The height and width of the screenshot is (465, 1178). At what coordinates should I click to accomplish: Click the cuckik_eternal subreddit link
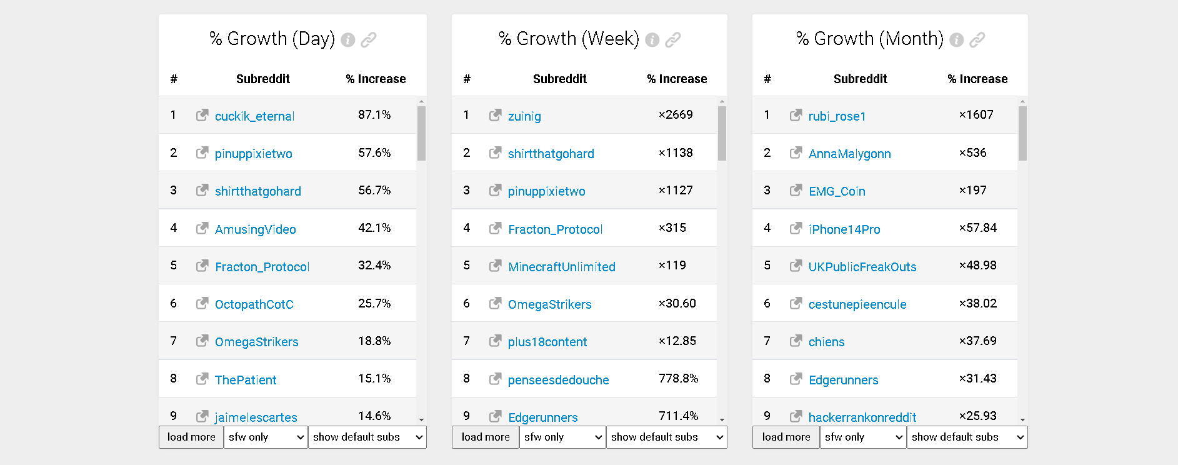[254, 116]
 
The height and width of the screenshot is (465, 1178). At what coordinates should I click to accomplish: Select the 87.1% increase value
[374, 115]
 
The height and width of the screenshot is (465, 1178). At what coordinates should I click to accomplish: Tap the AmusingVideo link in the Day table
[255, 229]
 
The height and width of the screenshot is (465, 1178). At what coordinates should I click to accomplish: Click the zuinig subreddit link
[524, 116]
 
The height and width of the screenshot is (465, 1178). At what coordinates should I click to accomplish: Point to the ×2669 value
[676, 115]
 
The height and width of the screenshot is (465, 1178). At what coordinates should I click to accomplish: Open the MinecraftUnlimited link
[561, 267]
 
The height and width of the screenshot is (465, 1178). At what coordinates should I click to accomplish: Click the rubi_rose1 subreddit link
[837, 116]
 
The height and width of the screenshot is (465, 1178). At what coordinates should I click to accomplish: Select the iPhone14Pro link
[844, 229]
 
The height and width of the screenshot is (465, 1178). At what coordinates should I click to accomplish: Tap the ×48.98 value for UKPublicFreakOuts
[977, 266]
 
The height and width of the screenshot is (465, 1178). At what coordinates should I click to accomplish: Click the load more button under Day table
[191, 437]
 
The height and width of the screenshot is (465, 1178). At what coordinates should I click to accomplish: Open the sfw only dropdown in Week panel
[562, 437]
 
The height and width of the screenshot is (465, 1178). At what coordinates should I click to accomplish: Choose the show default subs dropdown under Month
[967, 437]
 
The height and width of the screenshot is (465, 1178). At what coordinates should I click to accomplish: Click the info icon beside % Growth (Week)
[652, 40]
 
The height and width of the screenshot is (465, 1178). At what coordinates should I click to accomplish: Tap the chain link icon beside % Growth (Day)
[369, 40]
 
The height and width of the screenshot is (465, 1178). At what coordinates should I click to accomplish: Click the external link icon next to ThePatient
[202, 379]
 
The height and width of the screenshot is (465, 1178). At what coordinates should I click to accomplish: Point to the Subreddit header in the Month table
[860, 79]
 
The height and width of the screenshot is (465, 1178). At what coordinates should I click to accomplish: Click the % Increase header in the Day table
[376, 79]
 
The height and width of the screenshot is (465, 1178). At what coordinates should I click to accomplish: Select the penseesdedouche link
[558, 380]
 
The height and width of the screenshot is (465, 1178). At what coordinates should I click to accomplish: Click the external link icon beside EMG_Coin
[796, 190]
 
